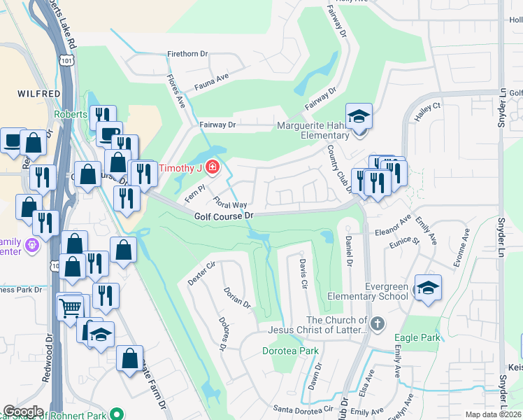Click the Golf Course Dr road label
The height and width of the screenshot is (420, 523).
223,217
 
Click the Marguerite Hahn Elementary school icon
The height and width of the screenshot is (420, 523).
359,116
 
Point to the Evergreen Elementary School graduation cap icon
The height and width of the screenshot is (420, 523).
428,287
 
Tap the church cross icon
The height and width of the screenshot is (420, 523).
378,323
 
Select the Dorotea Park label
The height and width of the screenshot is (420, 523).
290,351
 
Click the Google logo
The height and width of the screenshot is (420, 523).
23,411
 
